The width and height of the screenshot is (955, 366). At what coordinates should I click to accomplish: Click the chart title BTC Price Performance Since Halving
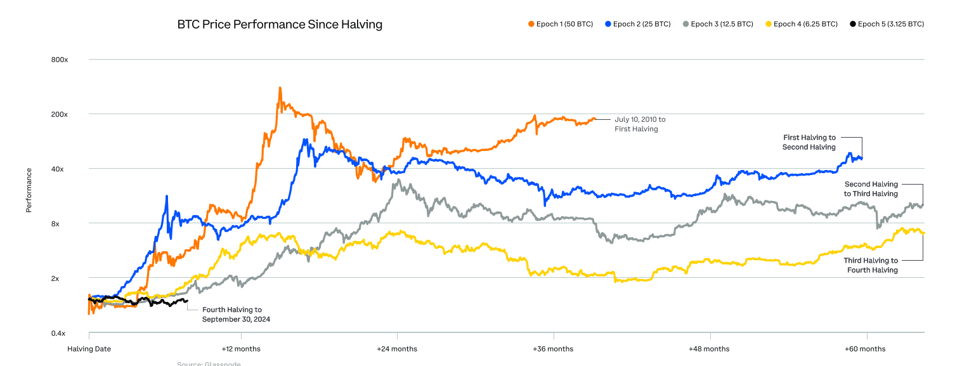point(280,25)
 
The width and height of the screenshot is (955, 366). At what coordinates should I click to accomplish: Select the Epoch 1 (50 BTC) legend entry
point(561,24)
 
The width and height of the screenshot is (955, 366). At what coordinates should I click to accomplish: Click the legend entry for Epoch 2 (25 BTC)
point(638,24)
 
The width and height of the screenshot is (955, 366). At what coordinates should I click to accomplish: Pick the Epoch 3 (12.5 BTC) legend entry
point(717,24)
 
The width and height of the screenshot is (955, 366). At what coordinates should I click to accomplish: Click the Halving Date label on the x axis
point(89,349)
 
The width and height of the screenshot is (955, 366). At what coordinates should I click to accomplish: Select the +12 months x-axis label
point(241,349)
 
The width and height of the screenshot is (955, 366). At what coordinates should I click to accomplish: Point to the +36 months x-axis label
point(554,349)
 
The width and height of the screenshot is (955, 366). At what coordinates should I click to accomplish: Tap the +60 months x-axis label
point(866,349)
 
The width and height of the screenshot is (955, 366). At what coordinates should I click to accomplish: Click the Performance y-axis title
point(29,190)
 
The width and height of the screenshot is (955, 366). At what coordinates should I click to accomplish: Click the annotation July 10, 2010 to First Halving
point(640,124)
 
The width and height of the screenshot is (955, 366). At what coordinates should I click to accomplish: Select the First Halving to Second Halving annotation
point(809,142)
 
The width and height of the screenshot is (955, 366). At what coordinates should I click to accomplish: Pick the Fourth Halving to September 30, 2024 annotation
point(236,314)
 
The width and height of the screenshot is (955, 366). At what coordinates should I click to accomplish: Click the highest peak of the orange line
point(280,88)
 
